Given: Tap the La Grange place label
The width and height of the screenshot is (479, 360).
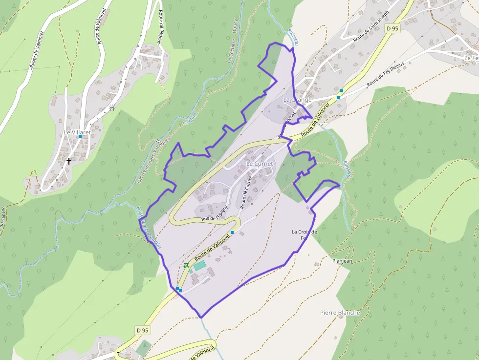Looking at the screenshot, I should click(297, 100).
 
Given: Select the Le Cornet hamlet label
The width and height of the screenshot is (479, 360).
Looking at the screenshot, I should click(260, 164).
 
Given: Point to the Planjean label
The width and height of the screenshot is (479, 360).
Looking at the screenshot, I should click(342, 261).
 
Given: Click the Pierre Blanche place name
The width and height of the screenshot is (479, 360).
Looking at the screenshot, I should click(340, 313).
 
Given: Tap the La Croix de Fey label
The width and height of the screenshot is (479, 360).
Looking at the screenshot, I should click(304, 235).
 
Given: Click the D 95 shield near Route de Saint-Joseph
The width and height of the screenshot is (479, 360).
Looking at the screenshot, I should click(392, 28).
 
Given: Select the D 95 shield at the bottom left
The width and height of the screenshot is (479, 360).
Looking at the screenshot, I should click(142, 330).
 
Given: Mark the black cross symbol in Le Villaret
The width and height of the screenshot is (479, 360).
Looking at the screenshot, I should click(68, 160).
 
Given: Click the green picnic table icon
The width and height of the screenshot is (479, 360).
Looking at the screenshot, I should click(186, 266).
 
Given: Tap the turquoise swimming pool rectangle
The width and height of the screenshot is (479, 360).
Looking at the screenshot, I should click(200, 266).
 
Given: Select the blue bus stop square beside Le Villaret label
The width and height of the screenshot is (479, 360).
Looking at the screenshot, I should click(80, 136).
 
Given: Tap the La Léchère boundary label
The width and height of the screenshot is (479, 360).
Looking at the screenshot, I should click(231, 52).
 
